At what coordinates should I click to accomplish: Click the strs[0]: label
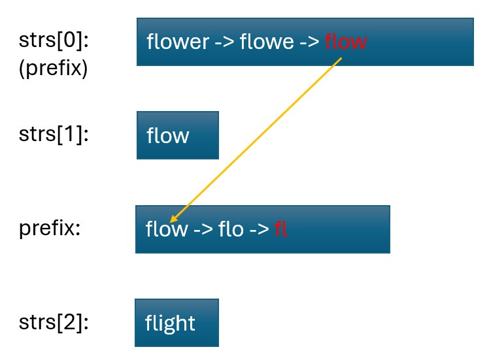click(x=54, y=41)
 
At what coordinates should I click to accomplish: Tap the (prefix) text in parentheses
click(x=53, y=68)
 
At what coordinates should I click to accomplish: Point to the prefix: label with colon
click(x=50, y=229)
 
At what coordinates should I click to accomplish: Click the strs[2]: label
click(x=54, y=323)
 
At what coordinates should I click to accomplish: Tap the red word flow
click(x=345, y=42)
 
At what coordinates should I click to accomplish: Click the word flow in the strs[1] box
click(x=168, y=136)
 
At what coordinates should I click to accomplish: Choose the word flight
click(x=170, y=323)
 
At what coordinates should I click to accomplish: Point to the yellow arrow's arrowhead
click(x=173, y=220)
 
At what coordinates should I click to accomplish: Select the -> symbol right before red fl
click(x=260, y=230)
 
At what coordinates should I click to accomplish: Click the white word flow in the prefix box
click(x=166, y=230)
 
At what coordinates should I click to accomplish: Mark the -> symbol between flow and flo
click(x=200, y=230)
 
